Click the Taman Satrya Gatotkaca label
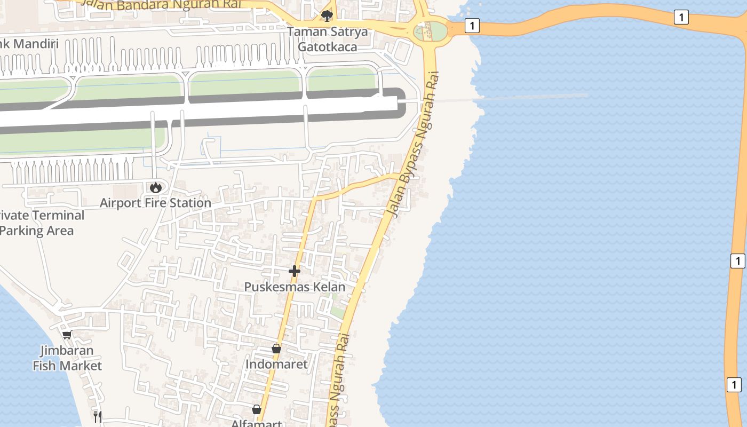point(328,39)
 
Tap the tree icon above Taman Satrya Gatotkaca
point(327,15)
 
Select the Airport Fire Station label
point(155,203)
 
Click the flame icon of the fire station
point(155,187)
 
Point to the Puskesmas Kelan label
point(295,287)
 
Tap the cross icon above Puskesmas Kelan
point(295,271)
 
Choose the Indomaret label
point(276,364)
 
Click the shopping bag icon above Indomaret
point(276,349)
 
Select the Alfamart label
point(256,423)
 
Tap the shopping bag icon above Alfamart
point(256,409)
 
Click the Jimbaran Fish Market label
point(67,358)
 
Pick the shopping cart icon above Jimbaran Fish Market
point(67,335)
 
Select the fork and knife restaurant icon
point(97,416)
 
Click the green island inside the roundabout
point(436,31)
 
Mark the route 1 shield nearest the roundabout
point(472,25)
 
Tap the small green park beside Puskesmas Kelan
point(336,310)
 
